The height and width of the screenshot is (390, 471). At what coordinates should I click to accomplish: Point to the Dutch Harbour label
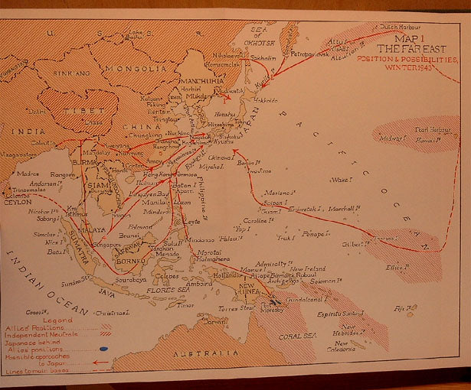click(x=400, y=27)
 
